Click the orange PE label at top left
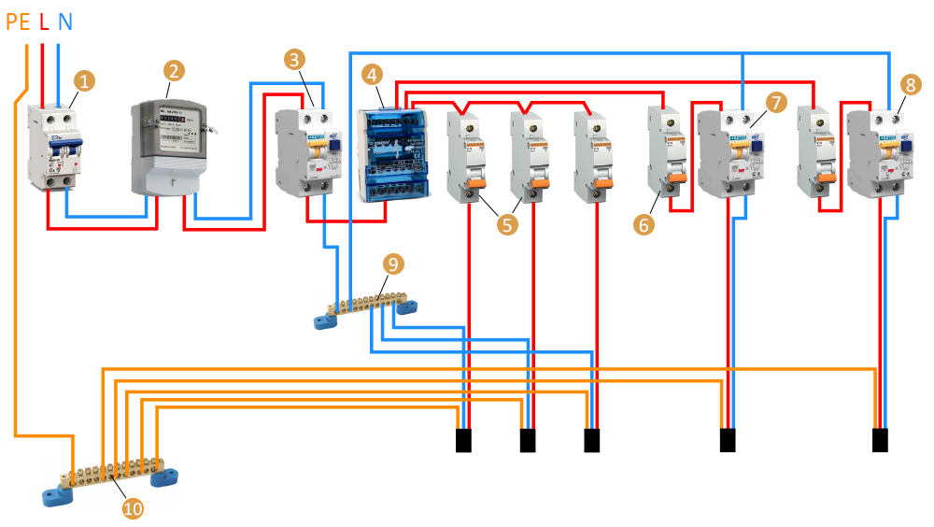pos(19,21)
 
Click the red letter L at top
pos(44,21)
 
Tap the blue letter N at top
pos(64,21)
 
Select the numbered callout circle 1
pos(84,81)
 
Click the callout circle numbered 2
pos(174,70)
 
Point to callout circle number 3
pos(296,61)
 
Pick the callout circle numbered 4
pos(373,75)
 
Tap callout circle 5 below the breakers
pos(507,224)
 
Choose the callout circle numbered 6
pos(641,224)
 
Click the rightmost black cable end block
pos(879,440)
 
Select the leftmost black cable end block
pos(464,440)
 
